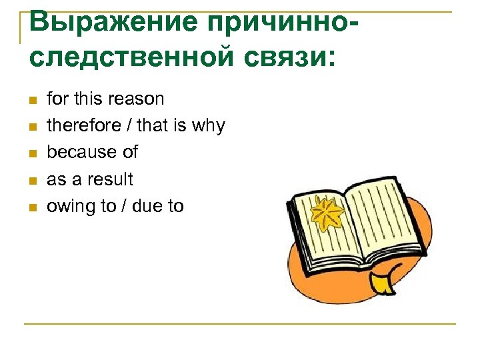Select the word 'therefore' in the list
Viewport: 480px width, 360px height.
pyautogui.click(x=73, y=126)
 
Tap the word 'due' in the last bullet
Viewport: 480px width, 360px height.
pyautogui.click(x=147, y=206)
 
